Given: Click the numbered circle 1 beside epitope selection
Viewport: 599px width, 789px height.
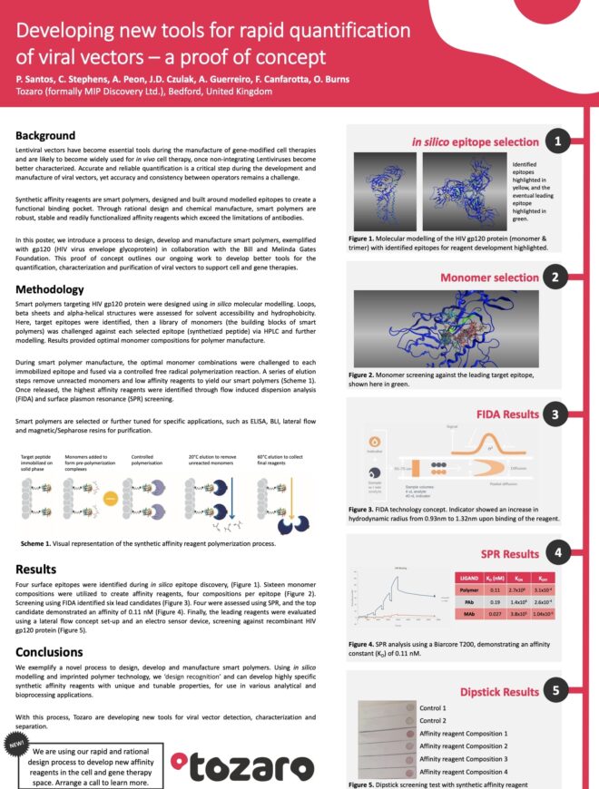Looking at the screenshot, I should point(558,141).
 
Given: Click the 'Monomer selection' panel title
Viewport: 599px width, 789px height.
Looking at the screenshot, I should point(490,277).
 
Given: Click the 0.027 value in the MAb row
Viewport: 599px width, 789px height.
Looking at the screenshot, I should point(497,615).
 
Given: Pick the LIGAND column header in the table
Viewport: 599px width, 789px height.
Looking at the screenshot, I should point(470,576).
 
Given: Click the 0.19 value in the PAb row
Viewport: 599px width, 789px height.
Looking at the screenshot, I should point(497,602).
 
